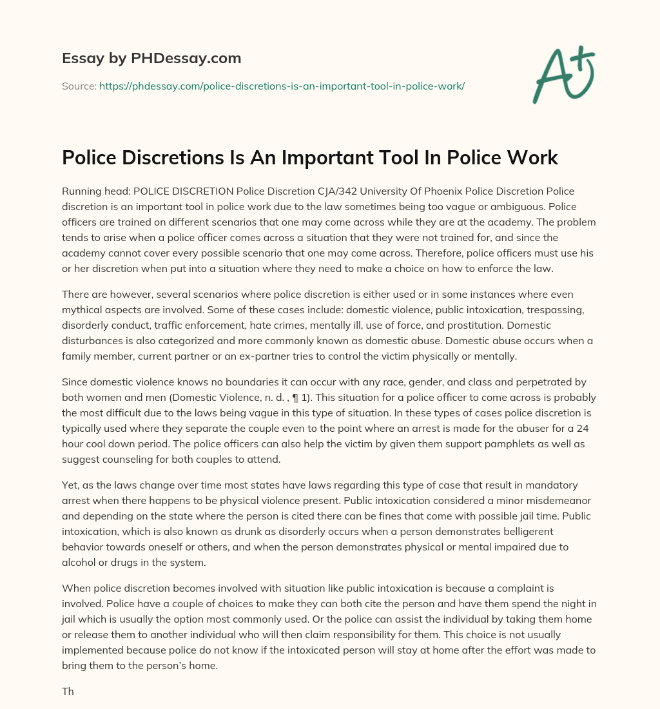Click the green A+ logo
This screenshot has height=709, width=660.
563,75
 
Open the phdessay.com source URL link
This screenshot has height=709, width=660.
282,86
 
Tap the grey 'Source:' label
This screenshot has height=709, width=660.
79,86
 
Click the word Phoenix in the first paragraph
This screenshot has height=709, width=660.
454,191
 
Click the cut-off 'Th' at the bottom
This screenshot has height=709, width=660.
68,692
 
